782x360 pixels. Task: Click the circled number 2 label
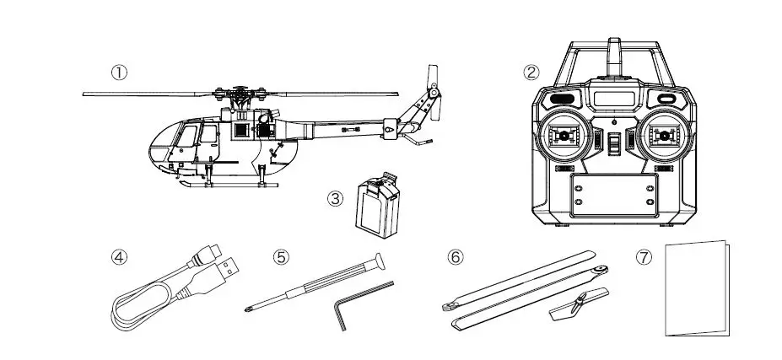point(531,72)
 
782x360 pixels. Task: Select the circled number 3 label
point(335,199)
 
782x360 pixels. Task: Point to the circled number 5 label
point(281,256)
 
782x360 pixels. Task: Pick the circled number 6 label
point(455,256)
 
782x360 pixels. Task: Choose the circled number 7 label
point(644,256)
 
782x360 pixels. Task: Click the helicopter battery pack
point(374,205)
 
